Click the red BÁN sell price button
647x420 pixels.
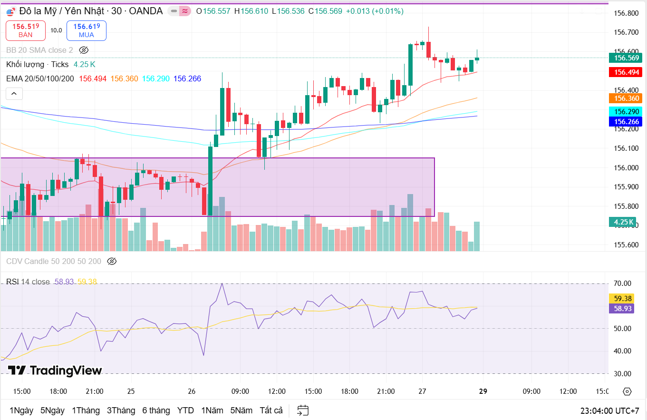pyautogui.click(x=26, y=30)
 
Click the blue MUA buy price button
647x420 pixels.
pyautogui.click(x=87, y=30)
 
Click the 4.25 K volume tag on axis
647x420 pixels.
pyautogui.click(x=623, y=222)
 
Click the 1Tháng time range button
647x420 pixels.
pyautogui.click(x=86, y=410)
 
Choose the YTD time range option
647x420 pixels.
pyautogui.click(x=185, y=410)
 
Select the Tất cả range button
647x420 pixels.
pyautogui.click(x=271, y=410)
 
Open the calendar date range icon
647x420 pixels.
pyautogui.click(x=303, y=410)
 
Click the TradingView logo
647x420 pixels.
pyautogui.click(x=55, y=371)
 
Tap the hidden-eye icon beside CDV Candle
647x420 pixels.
pyautogui.click(x=112, y=261)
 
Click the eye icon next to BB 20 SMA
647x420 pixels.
pyautogui.click(x=84, y=50)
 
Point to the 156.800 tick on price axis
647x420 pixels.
pyautogui.click(x=626, y=13)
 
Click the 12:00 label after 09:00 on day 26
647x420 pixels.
pyautogui.click(x=277, y=391)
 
